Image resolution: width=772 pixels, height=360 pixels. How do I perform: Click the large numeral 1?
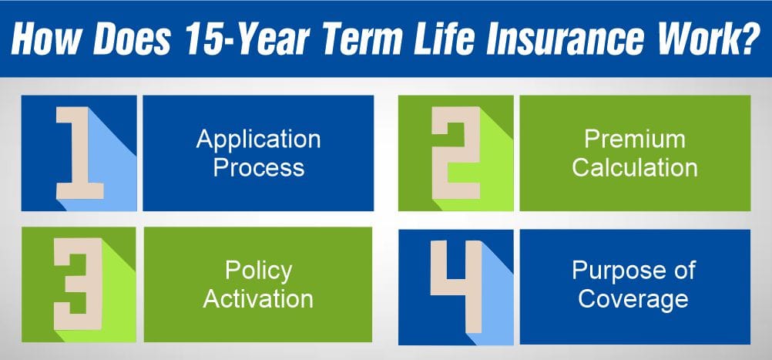click(77, 153)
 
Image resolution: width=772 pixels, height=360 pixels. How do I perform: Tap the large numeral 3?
click(77, 284)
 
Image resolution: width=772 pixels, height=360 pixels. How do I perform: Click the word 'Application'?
click(258, 140)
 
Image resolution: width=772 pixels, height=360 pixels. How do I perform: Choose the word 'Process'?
click(258, 167)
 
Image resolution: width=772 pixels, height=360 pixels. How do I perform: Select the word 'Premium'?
click(634, 140)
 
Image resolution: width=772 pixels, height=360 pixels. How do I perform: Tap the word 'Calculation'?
click(634, 167)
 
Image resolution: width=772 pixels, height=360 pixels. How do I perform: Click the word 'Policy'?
click(258, 271)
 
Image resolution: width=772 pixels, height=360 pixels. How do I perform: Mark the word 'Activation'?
click(258, 298)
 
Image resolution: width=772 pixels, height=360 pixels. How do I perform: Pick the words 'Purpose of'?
click(634, 271)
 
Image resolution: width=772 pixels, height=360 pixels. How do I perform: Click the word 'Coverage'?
click(634, 299)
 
